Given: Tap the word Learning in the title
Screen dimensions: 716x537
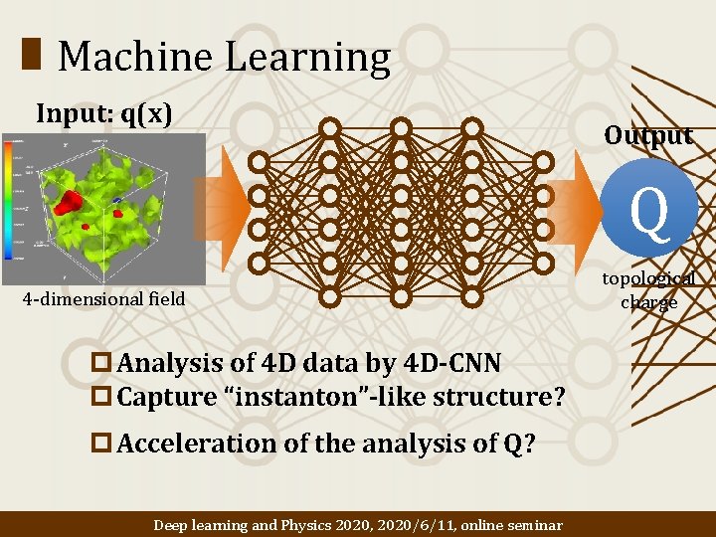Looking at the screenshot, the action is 308,59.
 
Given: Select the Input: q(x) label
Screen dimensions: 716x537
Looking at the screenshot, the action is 103,114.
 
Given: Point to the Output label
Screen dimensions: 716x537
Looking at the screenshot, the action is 648,136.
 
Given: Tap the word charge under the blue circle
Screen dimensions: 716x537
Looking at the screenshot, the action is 648,302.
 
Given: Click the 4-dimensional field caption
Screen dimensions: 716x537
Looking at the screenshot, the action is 103,298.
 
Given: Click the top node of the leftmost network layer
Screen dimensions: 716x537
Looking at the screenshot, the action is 259,161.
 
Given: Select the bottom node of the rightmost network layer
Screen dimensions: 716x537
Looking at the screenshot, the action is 543,264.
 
